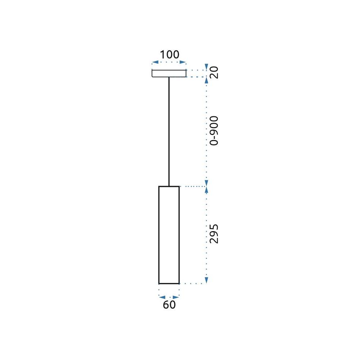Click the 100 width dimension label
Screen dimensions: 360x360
[x=169, y=55]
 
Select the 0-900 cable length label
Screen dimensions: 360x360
[x=214, y=130]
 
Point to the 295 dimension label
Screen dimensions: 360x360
[x=214, y=233]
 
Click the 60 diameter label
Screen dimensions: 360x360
[x=169, y=305]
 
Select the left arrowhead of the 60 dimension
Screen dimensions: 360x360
[x=162, y=297]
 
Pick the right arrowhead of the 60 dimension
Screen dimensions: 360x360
[x=176, y=297]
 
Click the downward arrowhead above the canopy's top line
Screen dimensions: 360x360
[x=206, y=67]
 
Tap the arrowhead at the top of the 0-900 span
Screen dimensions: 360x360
[x=206, y=80]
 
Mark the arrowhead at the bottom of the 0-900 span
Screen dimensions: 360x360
[x=206, y=183]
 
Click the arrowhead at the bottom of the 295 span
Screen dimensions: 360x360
[x=206, y=280]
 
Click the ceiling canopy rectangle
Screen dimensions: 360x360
[x=169, y=73]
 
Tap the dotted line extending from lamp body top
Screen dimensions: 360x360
[x=193, y=186]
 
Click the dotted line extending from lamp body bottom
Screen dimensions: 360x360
[x=193, y=284]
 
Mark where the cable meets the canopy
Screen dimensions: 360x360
[x=169, y=77]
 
